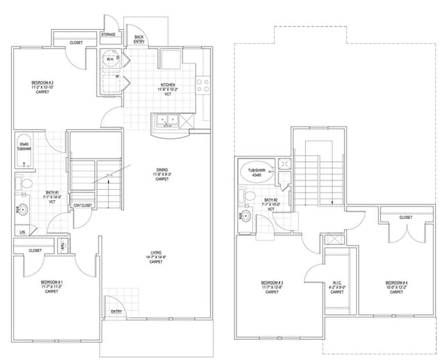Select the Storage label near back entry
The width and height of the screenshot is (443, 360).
coord(108,34)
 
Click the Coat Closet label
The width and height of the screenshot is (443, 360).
coord(82,205)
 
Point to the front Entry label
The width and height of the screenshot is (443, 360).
coord(115,311)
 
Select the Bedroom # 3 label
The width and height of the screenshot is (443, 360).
coord(271,286)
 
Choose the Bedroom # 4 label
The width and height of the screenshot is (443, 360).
coord(397,286)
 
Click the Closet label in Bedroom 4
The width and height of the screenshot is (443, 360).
coord(405,217)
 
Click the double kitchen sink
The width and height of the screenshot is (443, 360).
coord(168,122)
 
